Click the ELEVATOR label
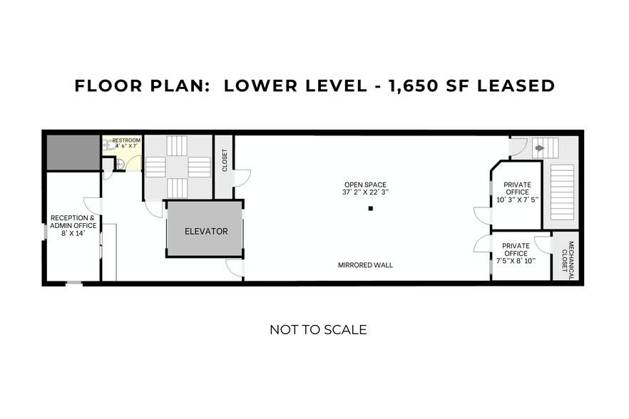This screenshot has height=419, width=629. [206, 231]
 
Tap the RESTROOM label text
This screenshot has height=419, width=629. [126, 140]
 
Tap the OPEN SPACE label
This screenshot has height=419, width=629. [365, 185]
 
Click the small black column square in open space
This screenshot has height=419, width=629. [370, 209]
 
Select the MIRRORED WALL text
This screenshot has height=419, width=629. [365, 265]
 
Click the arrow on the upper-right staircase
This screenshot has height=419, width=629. [539, 148]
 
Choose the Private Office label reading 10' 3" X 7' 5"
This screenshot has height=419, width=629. [517, 192]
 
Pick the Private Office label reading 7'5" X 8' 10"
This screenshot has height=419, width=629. [515, 253]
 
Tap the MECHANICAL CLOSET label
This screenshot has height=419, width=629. [568, 257]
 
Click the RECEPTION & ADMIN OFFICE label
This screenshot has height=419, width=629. [73, 222]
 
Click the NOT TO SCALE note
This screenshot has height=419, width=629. [318, 330]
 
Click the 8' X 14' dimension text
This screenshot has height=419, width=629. [73, 233]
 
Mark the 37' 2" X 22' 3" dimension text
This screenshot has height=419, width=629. [365, 192]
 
